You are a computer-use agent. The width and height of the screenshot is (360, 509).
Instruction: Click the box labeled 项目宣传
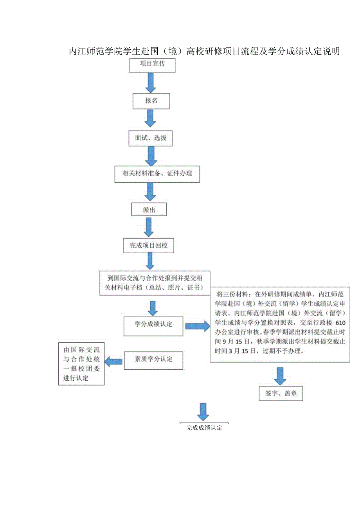[152, 65]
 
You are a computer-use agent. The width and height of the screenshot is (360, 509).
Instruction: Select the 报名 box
[151, 101]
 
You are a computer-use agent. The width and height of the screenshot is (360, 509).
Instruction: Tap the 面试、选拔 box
[151, 138]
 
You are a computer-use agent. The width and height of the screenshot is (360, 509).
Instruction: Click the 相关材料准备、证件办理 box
[157, 174]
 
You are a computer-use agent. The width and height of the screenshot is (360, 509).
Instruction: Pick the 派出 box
[149, 210]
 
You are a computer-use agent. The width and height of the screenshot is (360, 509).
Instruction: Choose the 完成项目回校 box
[149, 246]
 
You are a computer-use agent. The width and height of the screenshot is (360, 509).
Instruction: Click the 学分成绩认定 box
[153, 325]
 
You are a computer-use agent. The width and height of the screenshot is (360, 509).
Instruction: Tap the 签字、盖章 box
[281, 394]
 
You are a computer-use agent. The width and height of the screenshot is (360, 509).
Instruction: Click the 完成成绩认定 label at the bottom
[204, 428]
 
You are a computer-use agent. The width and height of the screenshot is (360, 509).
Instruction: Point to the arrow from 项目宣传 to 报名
[150, 83]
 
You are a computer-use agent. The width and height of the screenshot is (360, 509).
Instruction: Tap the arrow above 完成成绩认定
[203, 412]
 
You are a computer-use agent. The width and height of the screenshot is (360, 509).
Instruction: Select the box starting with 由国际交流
[81, 364]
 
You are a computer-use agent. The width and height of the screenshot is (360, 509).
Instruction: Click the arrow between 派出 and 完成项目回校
[149, 227]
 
